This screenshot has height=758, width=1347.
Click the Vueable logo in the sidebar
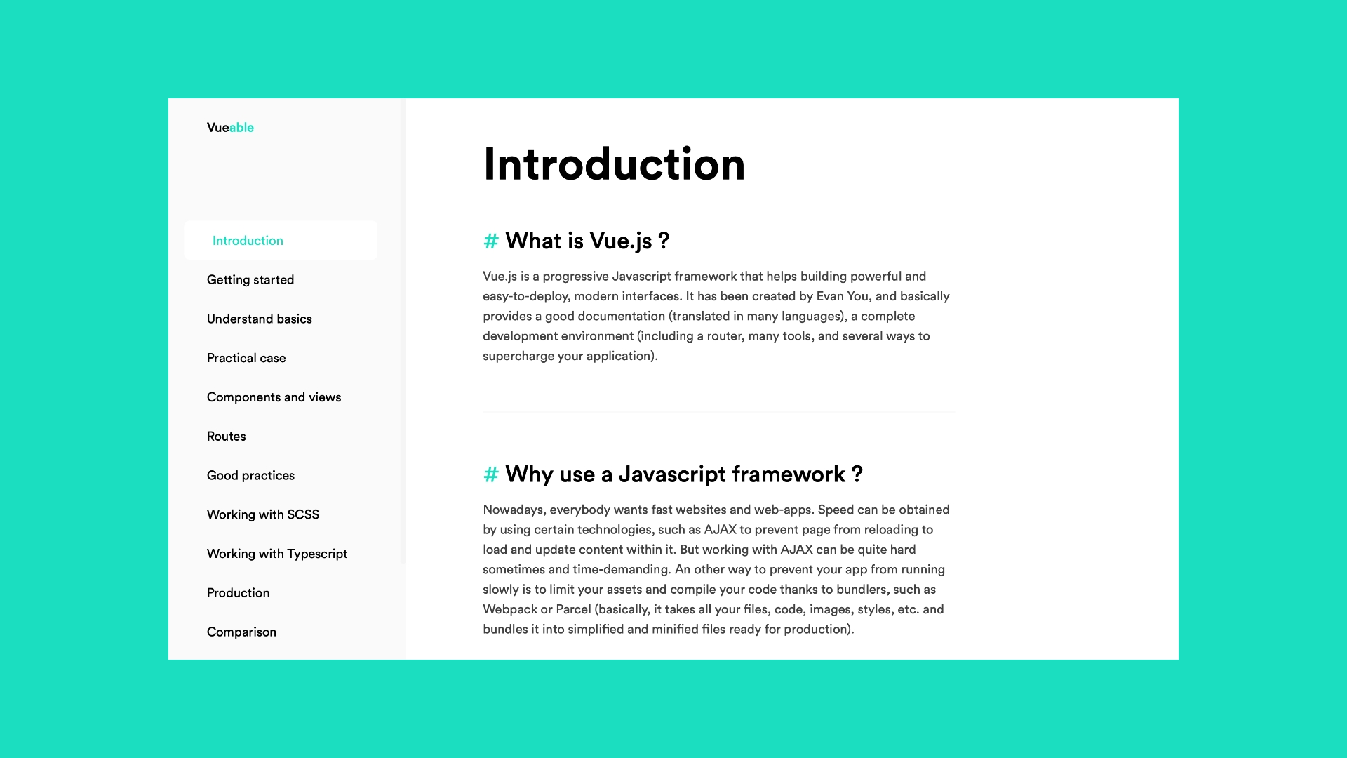pos(230,128)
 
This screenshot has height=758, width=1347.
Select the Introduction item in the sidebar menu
pos(248,241)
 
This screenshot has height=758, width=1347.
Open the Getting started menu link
pos(250,280)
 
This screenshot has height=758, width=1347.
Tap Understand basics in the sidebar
pos(260,319)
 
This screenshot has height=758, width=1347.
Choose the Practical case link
pos(246,359)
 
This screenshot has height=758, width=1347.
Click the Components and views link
pos(274,397)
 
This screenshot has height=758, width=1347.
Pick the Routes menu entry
pos(227,437)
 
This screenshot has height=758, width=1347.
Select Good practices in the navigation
pos(250,476)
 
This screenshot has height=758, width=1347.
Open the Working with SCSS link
pos(263,515)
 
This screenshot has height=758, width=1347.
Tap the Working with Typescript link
pos(277,554)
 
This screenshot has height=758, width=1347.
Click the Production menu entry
pos(239,593)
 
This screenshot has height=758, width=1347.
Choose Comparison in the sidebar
pos(241,632)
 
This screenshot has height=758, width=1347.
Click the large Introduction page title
pos(614,164)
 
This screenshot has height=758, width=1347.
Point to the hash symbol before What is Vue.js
pos(491,241)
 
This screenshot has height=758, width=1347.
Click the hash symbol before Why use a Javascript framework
pos(491,475)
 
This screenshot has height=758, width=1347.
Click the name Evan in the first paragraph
pos(830,296)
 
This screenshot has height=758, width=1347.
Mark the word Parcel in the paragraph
pos(573,609)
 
